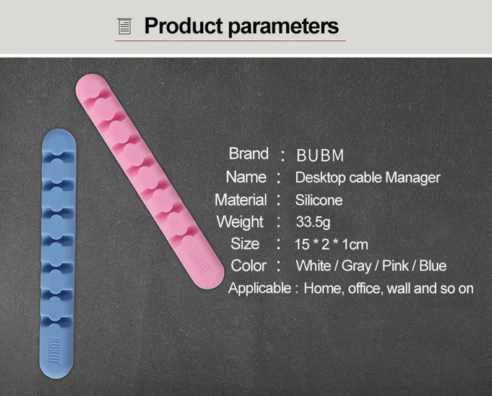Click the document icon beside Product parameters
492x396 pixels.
click(125, 27)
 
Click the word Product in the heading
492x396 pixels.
click(183, 26)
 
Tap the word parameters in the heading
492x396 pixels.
click(284, 27)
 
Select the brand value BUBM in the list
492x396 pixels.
click(320, 155)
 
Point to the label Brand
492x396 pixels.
click(248, 153)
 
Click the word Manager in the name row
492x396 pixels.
click(413, 178)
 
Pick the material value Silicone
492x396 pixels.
click(318, 200)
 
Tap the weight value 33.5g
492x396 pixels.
click(313, 222)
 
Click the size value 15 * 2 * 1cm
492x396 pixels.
click(332, 244)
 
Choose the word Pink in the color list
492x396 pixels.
click(395, 266)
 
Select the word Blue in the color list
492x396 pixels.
click(433, 266)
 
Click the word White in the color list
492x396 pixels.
click(314, 266)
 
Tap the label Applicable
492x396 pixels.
click(260, 288)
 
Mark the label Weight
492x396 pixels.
click(240, 222)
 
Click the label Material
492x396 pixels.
click(240, 200)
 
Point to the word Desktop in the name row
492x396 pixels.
click(320, 178)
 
